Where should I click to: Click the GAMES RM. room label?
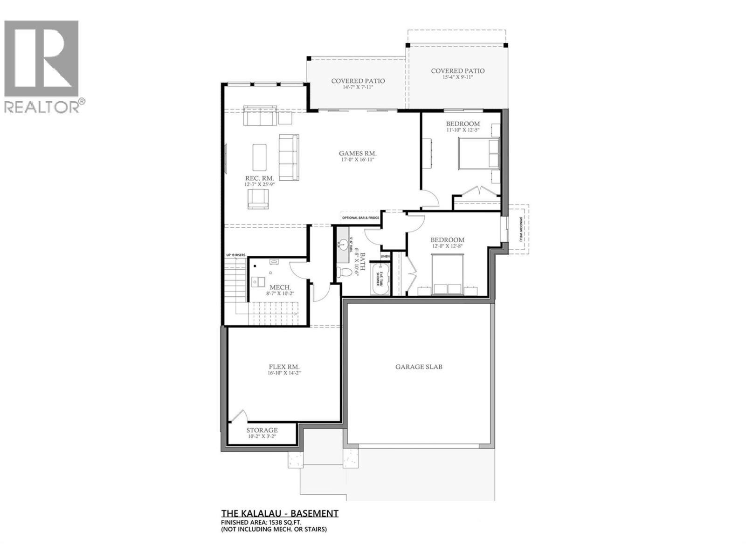click(x=358, y=153)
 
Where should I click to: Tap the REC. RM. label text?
click(x=260, y=178)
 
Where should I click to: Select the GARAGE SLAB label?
click(x=419, y=367)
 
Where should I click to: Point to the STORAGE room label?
click(x=262, y=430)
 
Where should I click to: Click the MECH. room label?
click(x=280, y=287)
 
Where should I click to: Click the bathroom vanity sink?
click(x=344, y=244)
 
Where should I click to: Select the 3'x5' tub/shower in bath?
click(x=379, y=279)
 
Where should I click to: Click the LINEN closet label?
click(x=385, y=257)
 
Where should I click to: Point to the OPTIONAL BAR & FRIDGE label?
click(x=360, y=218)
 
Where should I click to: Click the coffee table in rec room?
click(x=260, y=157)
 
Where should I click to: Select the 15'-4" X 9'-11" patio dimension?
click(x=457, y=77)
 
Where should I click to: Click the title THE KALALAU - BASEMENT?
click(x=279, y=513)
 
